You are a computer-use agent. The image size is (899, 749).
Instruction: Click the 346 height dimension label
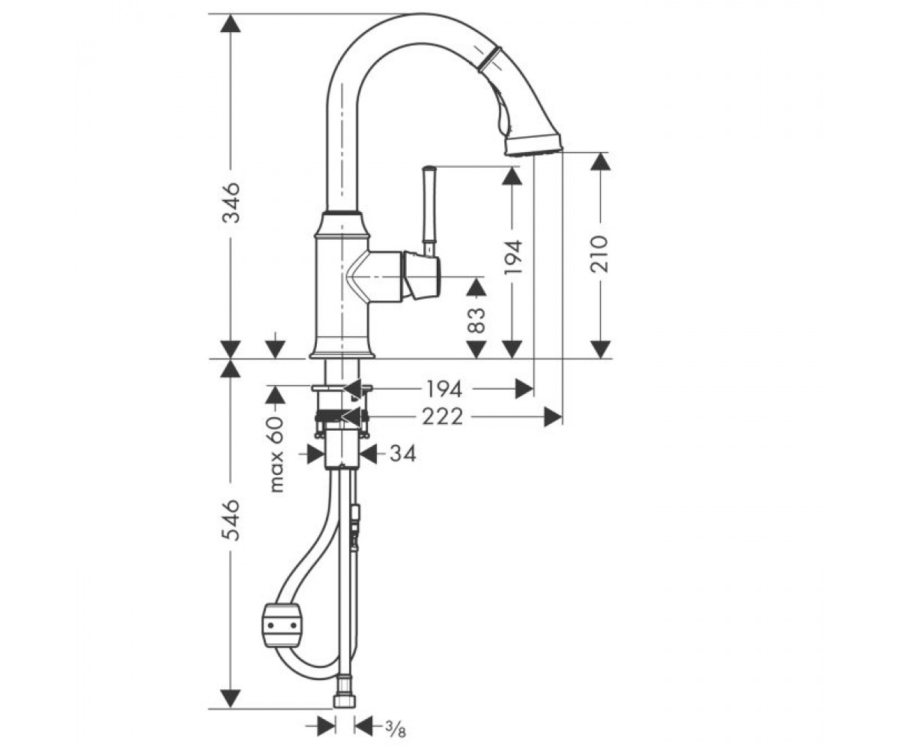click(231, 202)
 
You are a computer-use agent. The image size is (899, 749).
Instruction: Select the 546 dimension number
click(231, 520)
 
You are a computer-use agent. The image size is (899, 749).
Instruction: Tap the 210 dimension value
click(600, 254)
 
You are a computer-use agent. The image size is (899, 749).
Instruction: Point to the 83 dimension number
click(476, 321)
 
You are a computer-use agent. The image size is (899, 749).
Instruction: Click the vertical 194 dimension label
click(512, 257)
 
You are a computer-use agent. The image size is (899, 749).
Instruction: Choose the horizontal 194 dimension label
click(444, 389)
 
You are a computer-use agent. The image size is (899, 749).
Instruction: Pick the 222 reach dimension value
click(442, 416)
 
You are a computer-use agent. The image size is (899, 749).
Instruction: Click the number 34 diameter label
click(403, 454)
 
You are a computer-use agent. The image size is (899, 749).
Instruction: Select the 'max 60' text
click(276, 454)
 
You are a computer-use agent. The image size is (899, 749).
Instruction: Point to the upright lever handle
click(430, 211)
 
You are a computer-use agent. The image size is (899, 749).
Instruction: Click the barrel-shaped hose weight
click(282, 625)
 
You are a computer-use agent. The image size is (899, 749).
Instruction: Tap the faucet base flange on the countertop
click(342, 354)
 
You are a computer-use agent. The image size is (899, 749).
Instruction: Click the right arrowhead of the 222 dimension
click(553, 416)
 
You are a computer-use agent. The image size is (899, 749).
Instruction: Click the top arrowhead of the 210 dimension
click(600, 162)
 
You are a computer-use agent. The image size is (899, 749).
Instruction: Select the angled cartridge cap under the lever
click(422, 275)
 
